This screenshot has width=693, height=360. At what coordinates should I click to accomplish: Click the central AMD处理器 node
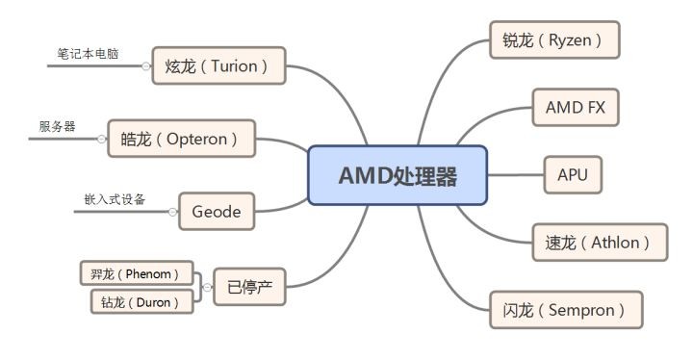pyautogui.click(x=398, y=175)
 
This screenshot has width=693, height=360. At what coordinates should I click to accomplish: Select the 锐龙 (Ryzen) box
pyautogui.click(x=553, y=40)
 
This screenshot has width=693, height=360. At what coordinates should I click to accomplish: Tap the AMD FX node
pyautogui.click(x=576, y=107)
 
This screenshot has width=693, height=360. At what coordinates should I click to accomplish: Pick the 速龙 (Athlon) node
pyautogui.click(x=599, y=242)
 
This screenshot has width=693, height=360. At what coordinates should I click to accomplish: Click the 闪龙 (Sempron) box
pyautogui.click(x=565, y=309)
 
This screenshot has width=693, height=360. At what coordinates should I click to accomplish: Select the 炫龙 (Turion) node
pyautogui.click(x=218, y=65)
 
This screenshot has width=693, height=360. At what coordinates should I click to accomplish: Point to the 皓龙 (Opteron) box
pyautogui.click(x=182, y=139)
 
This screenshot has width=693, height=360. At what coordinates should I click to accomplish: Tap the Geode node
pyautogui.click(x=217, y=210)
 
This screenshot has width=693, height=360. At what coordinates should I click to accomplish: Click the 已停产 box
pyautogui.click(x=249, y=287)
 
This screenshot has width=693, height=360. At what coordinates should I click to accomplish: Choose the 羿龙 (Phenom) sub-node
pyautogui.click(x=136, y=272)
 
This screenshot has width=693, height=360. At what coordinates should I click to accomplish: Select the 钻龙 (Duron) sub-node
pyautogui.click(x=141, y=301)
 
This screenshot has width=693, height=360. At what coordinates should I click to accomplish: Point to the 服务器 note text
pyautogui.click(x=57, y=127)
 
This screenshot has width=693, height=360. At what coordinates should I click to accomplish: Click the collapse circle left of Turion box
pyautogui.click(x=145, y=66)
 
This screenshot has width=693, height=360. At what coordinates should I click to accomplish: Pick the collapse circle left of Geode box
pyautogui.click(x=172, y=211)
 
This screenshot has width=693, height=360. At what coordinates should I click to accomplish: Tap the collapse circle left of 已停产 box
pyautogui.click(x=206, y=287)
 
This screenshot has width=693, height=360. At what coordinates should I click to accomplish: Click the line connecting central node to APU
pyautogui.click(x=516, y=175)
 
